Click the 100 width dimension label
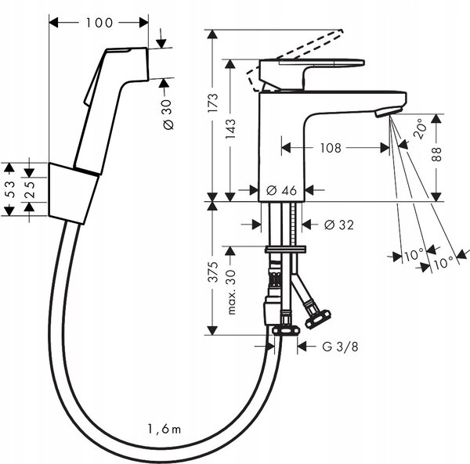[99, 23]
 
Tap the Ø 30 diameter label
[168, 115]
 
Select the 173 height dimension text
[213, 103]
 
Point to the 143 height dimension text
[230, 129]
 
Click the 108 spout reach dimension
[331, 148]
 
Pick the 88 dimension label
[437, 154]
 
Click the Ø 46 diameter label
[281, 190]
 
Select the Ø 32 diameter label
[339, 225]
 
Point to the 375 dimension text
[213, 272]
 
